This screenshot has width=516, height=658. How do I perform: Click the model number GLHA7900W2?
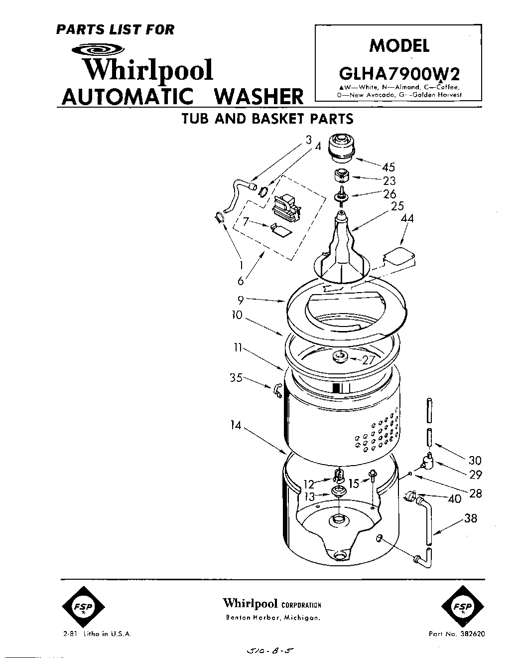click(x=398, y=73)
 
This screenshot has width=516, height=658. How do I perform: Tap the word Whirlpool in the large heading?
click(x=147, y=70)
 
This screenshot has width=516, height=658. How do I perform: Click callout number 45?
click(x=388, y=167)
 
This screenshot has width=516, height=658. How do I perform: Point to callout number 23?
click(x=389, y=181)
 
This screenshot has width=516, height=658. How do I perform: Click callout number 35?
click(x=236, y=378)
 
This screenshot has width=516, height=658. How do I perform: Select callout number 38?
click(x=470, y=518)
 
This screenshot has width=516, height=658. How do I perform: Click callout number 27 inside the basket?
click(x=368, y=360)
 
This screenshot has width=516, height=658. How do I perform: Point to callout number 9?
click(x=241, y=299)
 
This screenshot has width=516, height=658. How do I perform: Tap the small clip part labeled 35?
click(x=277, y=391)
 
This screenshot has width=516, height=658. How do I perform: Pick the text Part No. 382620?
click(x=456, y=634)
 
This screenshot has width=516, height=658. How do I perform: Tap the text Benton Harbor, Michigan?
click(x=272, y=618)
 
